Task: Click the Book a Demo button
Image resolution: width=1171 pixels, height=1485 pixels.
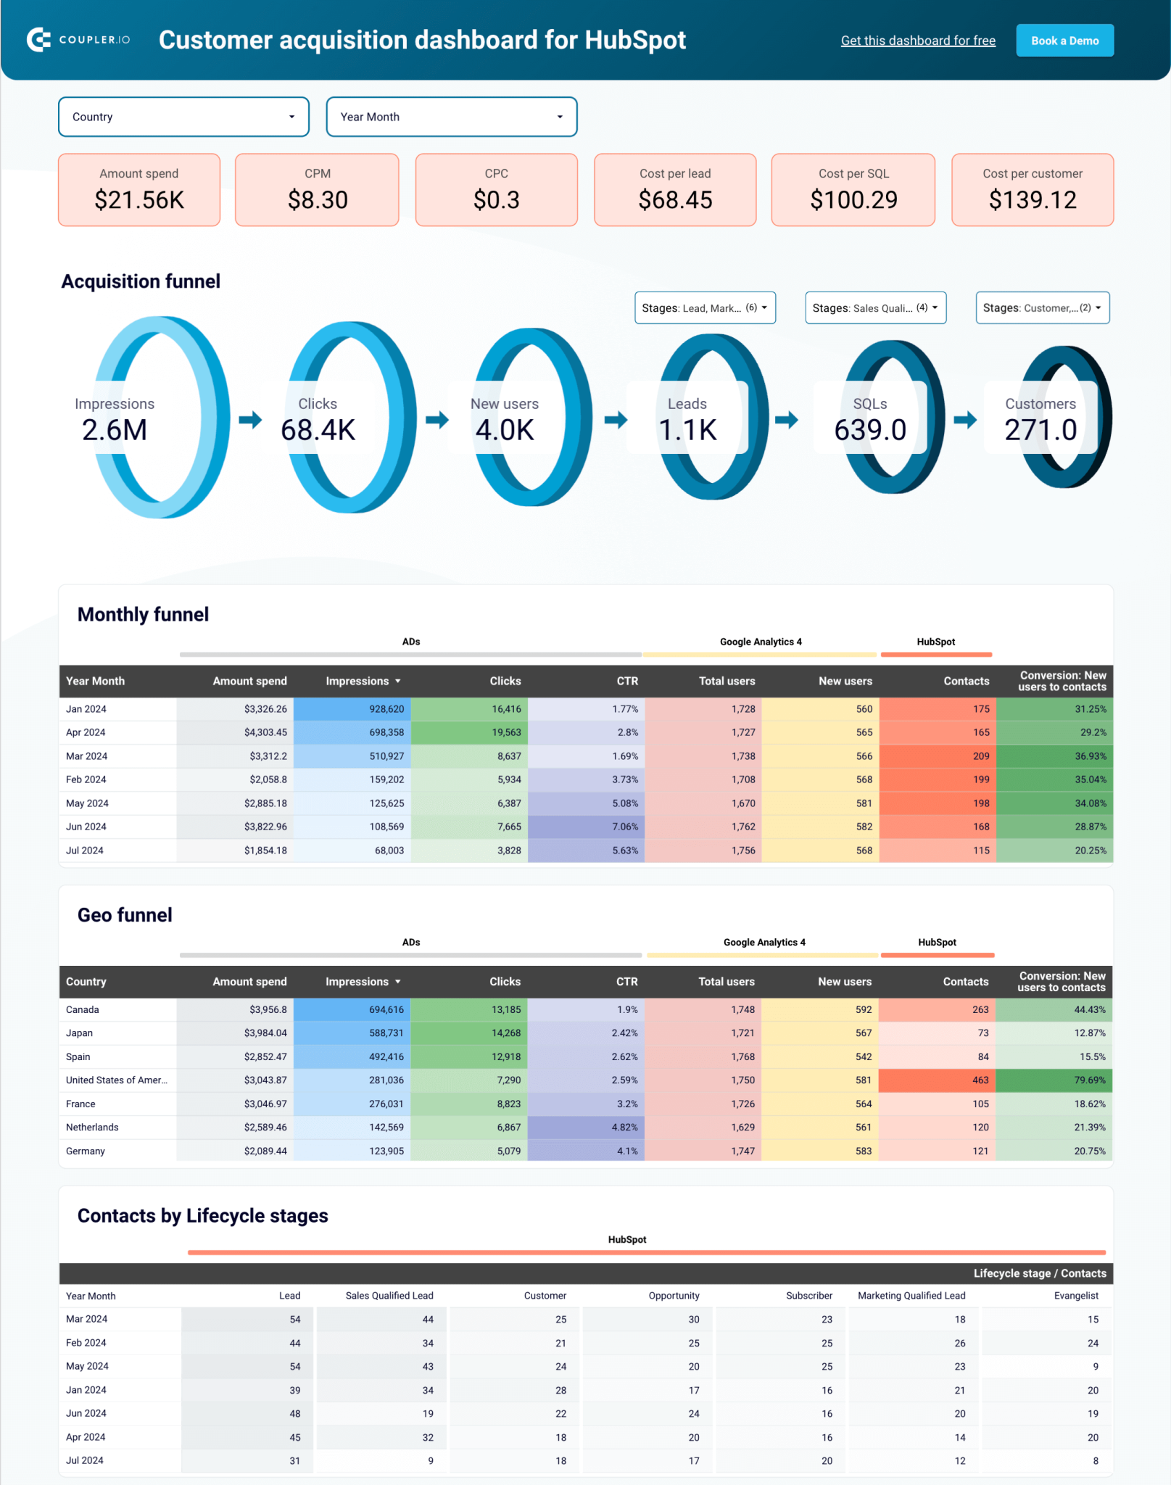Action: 1064,41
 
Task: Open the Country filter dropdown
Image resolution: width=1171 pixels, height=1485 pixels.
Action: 183,117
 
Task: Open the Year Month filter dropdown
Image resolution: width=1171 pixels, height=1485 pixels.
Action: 451,117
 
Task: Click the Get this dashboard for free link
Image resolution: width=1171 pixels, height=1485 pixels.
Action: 917,41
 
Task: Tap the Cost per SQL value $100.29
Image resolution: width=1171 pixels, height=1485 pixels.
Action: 853,199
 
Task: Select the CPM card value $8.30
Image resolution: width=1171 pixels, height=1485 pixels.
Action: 318,199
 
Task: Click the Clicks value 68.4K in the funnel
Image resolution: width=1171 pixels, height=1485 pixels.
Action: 318,430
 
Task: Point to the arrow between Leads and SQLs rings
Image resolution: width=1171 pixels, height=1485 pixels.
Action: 787,419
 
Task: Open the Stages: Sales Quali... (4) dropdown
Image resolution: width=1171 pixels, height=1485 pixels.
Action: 875,308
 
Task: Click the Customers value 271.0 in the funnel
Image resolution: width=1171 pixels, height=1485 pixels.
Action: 1040,430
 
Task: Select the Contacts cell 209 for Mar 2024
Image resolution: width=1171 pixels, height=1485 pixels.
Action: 980,756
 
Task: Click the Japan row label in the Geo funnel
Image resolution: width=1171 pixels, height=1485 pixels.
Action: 80,1033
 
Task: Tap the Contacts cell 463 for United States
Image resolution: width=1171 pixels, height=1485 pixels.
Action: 980,1080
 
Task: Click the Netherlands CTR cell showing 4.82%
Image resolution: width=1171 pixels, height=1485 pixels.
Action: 624,1128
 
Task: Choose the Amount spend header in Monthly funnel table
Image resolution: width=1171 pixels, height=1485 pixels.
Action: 249,681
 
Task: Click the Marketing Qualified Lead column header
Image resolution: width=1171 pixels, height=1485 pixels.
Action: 911,1296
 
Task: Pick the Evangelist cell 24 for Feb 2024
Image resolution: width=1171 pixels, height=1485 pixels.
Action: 1092,1343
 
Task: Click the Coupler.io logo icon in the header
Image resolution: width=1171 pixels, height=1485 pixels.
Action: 38,40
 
